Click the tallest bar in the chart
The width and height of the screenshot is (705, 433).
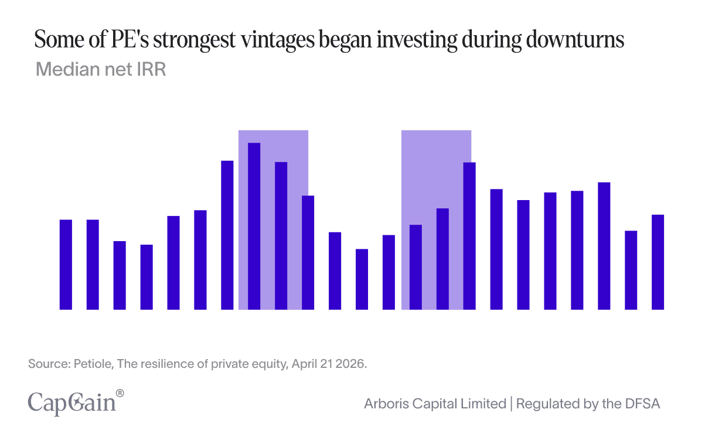pyautogui.click(x=254, y=226)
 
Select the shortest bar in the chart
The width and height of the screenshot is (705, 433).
pyautogui.click(x=362, y=279)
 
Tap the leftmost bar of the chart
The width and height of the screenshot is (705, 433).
pyautogui.click(x=66, y=264)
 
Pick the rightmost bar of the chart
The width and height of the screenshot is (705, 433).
pyautogui.click(x=658, y=262)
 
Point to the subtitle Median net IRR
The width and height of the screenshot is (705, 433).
pyautogui.click(x=101, y=69)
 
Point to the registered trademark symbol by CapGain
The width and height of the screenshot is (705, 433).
pyautogui.click(x=120, y=393)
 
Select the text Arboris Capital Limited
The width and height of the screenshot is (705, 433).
pyautogui.click(x=435, y=404)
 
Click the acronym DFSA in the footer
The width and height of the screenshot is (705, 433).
pyautogui.click(x=645, y=404)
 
